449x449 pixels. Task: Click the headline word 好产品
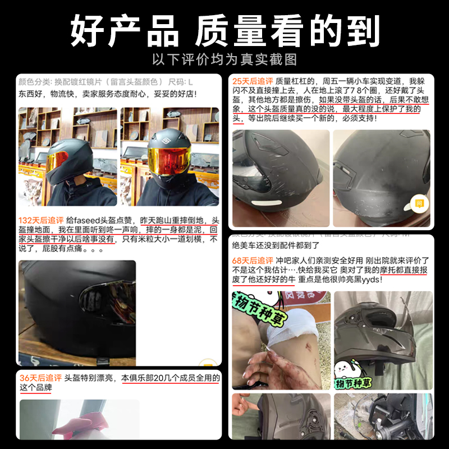point(124,31)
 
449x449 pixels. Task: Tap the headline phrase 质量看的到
point(287,31)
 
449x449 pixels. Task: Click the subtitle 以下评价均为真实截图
point(224,59)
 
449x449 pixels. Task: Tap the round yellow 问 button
point(419,203)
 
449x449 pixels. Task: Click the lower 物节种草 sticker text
point(355,384)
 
